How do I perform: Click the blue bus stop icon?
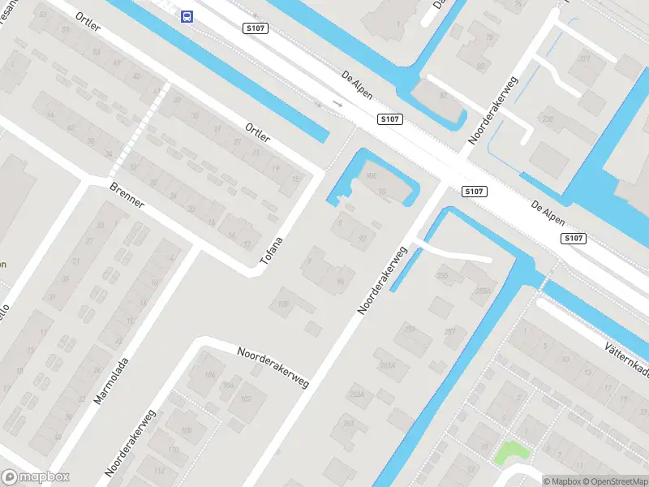[187, 15]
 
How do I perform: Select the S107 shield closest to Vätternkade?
[574, 238]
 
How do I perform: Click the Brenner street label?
[127, 195]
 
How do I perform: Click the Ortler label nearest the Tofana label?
[257, 132]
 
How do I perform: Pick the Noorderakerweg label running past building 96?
[382, 277]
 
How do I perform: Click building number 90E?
[372, 175]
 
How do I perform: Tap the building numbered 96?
[340, 282]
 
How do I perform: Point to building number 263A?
[355, 394]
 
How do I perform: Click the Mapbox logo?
[35, 477]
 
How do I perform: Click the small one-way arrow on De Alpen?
[338, 105]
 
